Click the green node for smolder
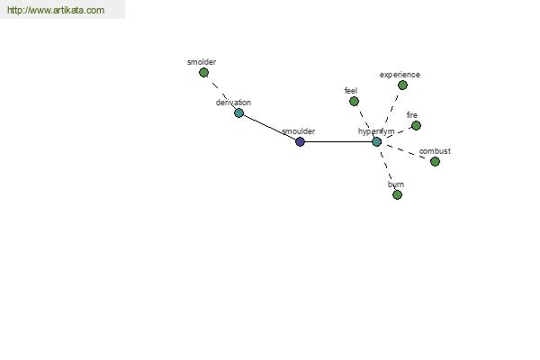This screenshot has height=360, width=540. (204, 73)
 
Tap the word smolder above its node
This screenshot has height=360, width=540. (202, 62)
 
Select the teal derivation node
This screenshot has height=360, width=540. (239, 113)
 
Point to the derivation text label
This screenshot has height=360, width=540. (233, 103)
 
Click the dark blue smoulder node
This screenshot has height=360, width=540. (301, 141)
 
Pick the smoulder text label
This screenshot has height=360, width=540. (299, 131)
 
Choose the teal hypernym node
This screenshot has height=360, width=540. (377, 141)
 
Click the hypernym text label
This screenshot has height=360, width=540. (376, 131)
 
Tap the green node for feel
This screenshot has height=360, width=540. (354, 102)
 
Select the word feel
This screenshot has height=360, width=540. (351, 91)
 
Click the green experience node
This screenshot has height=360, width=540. (402, 85)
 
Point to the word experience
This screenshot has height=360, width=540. (400, 75)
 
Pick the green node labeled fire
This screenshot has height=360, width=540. (417, 125)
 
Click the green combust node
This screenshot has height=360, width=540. (436, 161)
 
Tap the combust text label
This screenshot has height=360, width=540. (435, 151)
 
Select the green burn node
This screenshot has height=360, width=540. (398, 195)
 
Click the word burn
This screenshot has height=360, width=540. (396, 184)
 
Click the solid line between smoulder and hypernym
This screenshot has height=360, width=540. (338, 141)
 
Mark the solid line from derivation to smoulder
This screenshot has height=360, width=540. (270, 128)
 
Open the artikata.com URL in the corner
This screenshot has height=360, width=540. (56, 10)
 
